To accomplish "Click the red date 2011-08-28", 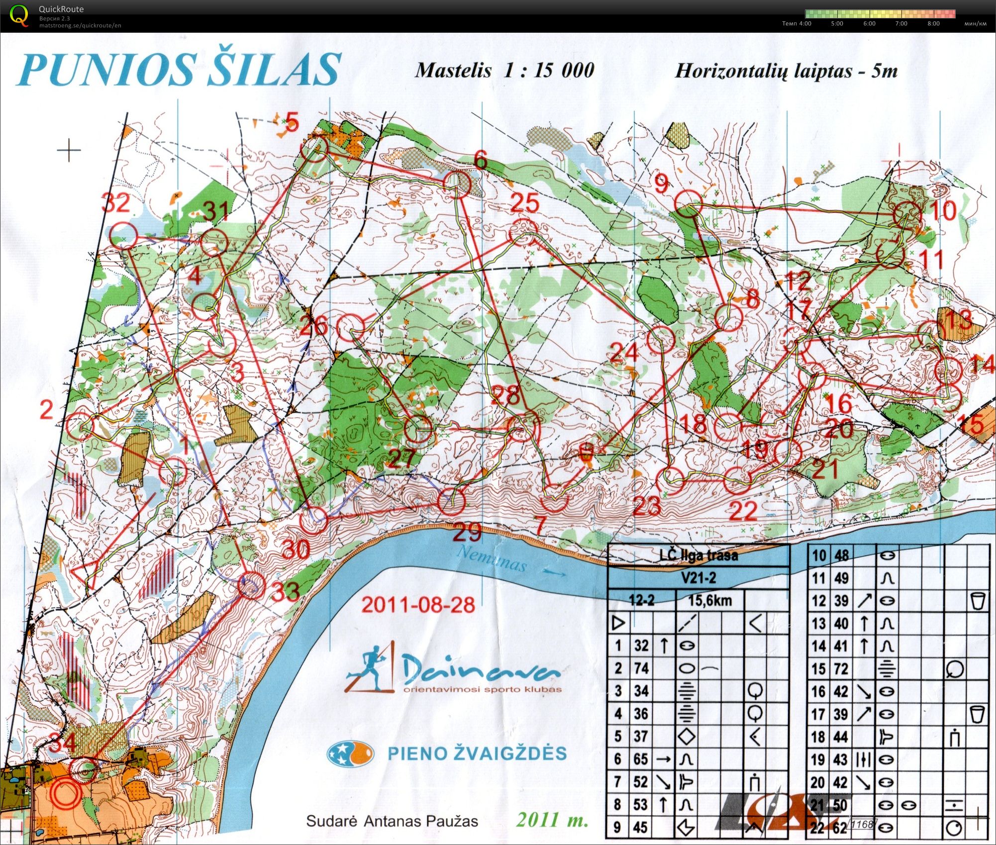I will [x=418, y=605].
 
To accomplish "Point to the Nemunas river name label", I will [x=491, y=558].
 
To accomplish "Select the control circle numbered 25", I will [x=524, y=232].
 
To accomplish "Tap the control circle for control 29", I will [x=451, y=501].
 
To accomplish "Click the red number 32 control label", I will [x=116, y=203].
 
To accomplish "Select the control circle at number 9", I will [x=689, y=204].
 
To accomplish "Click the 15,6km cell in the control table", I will [x=710, y=600].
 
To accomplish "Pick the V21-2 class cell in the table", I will [x=698, y=578].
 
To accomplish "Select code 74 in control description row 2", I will [x=641, y=668].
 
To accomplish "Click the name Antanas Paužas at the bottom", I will [x=421, y=821].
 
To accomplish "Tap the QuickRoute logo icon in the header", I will [x=19, y=15].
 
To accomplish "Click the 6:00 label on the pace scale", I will [x=869, y=23].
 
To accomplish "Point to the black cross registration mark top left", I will [x=69, y=149].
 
